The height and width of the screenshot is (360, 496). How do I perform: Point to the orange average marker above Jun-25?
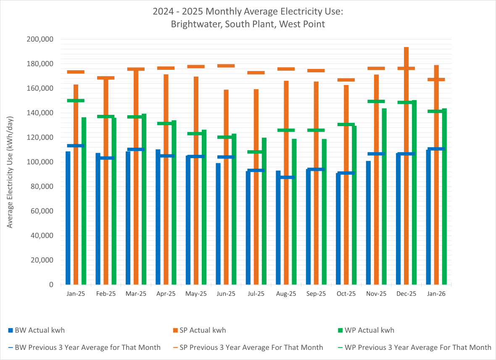point(226,66)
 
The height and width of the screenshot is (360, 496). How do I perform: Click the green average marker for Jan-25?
point(76,101)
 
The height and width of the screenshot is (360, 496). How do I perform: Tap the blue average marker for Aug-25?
point(286,177)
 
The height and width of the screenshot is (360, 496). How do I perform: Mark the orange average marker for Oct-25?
point(346,80)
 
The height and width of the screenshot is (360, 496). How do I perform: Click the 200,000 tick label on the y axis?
point(40,39)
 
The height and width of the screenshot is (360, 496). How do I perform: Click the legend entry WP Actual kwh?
point(369,330)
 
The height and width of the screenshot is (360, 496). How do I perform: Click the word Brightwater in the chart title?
point(195,24)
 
